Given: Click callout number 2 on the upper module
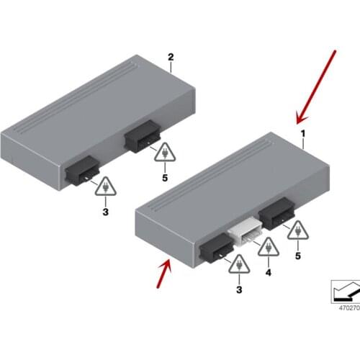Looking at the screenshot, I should (171, 57).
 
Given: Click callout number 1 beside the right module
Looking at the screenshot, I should (303, 134).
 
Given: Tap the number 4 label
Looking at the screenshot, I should (267, 274).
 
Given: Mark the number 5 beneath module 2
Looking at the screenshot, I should (164, 177).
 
